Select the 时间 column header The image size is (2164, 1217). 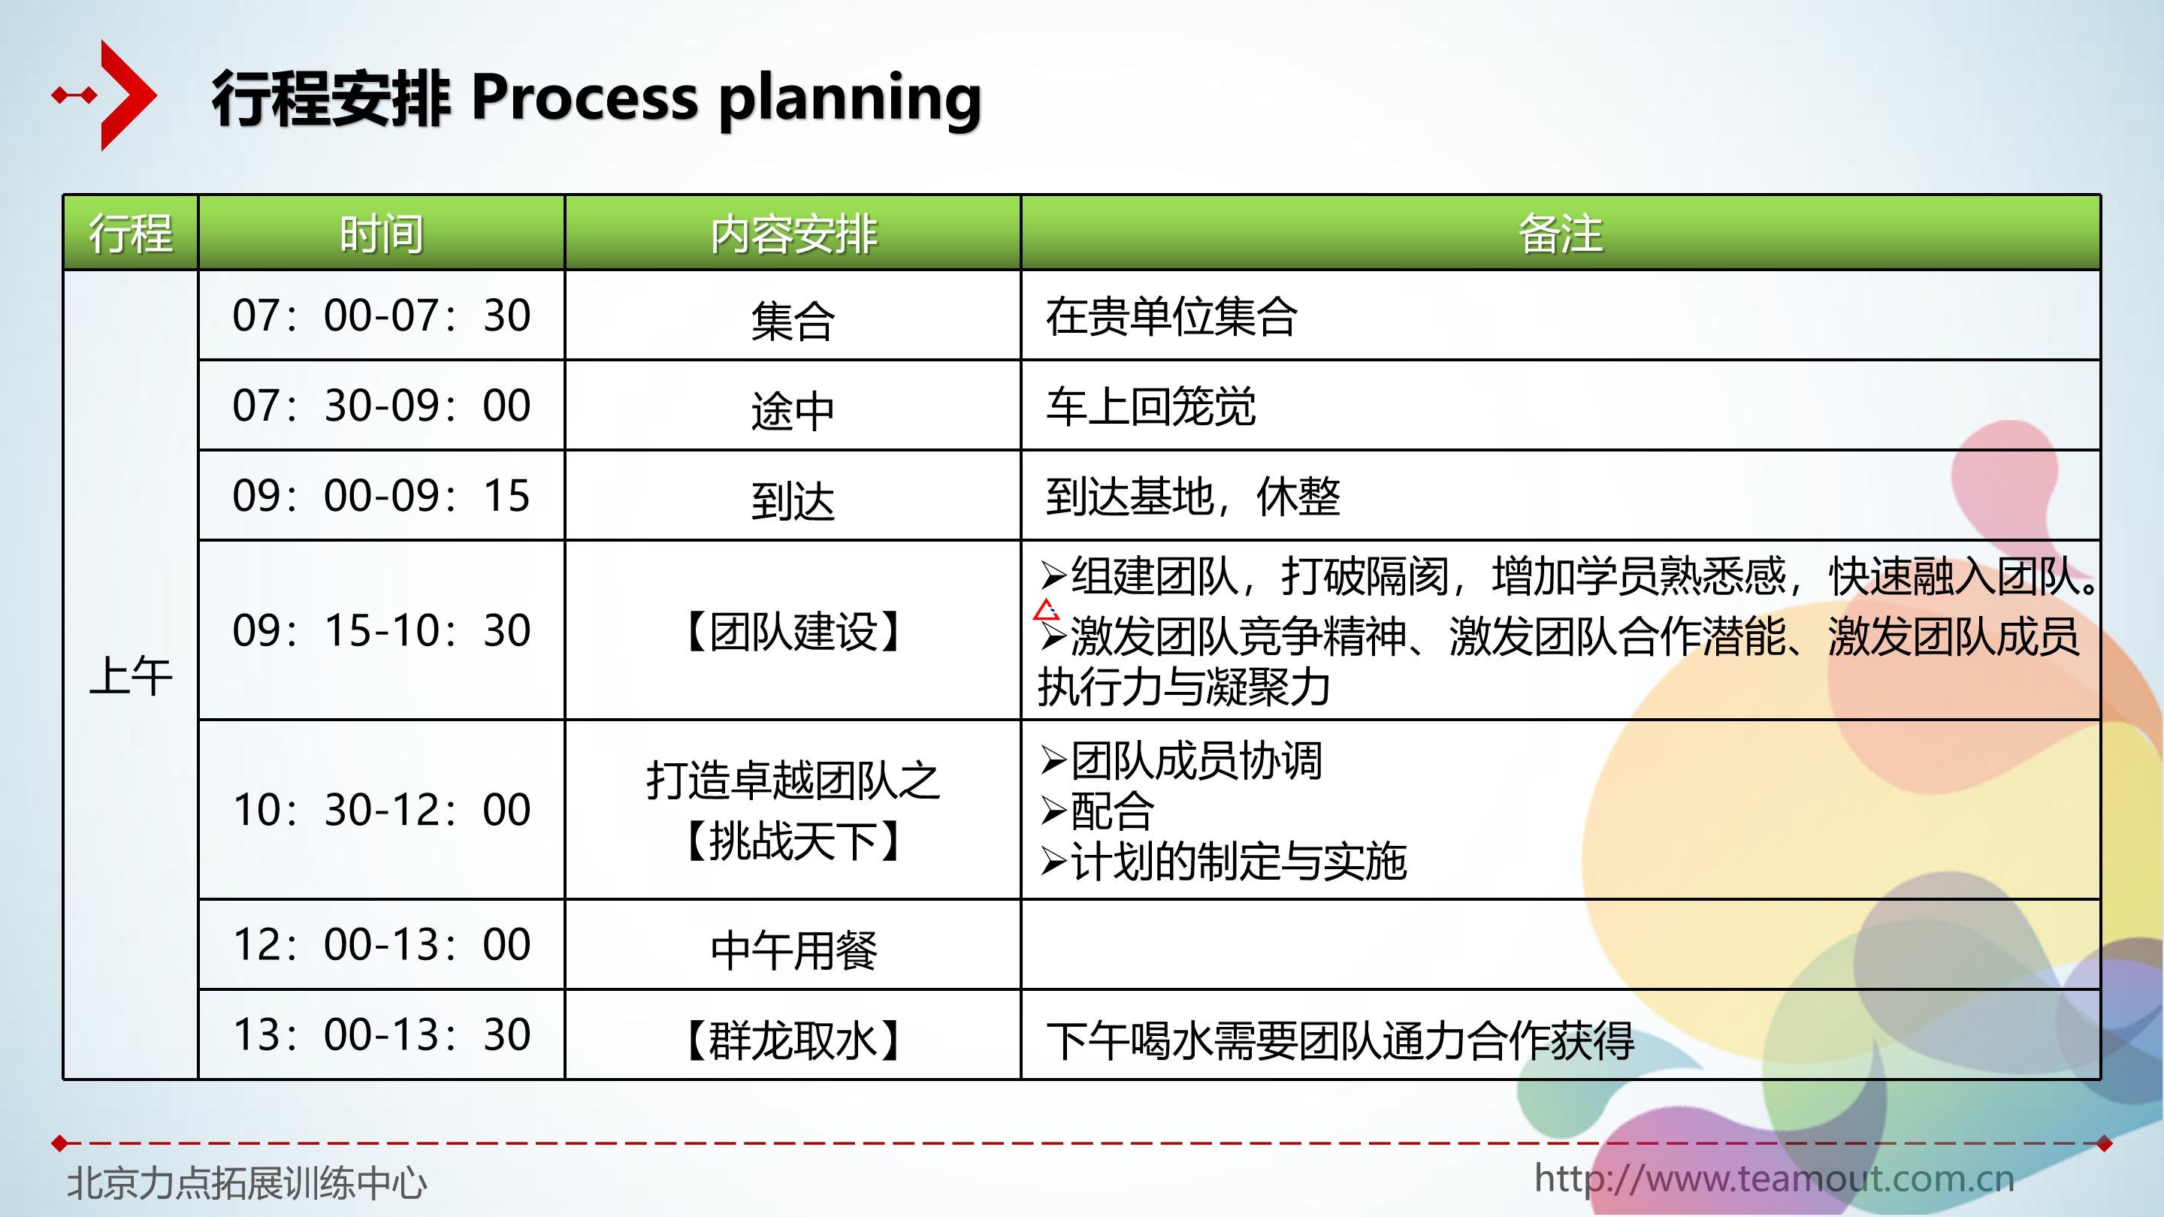click(x=382, y=234)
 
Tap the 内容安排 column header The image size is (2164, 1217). click(x=793, y=234)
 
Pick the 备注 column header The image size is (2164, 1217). click(x=1560, y=234)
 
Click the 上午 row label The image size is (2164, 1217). click(x=131, y=675)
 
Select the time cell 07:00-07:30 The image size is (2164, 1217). click(x=382, y=315)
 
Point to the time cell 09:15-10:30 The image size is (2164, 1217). click(x=382, y=630)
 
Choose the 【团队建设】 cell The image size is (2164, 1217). click(x=793, y=632)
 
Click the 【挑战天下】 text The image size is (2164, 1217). click(x=793, y=840)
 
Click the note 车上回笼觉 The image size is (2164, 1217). click(x=1150, y=406)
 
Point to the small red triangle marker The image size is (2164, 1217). click(x=1046, y=610)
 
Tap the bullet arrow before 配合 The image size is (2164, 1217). click(x=1053, y=811)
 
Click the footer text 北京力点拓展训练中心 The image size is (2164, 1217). click(x=247, y=1182)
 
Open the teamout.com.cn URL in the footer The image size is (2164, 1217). click(x=1774, y=1179)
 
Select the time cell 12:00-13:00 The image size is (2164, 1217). click(x=382, y=944)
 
